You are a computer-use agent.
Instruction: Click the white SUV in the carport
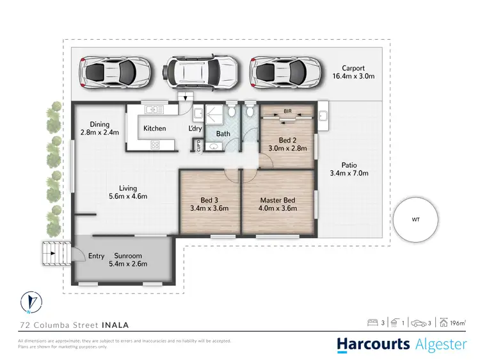click(200, 70)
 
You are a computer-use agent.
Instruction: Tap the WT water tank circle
click(416, 219)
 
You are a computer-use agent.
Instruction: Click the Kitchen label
click(154, 128)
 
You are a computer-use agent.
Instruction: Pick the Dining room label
click(100, 124)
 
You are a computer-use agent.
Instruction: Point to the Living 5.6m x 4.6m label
click(128, 192)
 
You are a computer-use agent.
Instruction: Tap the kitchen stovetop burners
click(154, 145)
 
